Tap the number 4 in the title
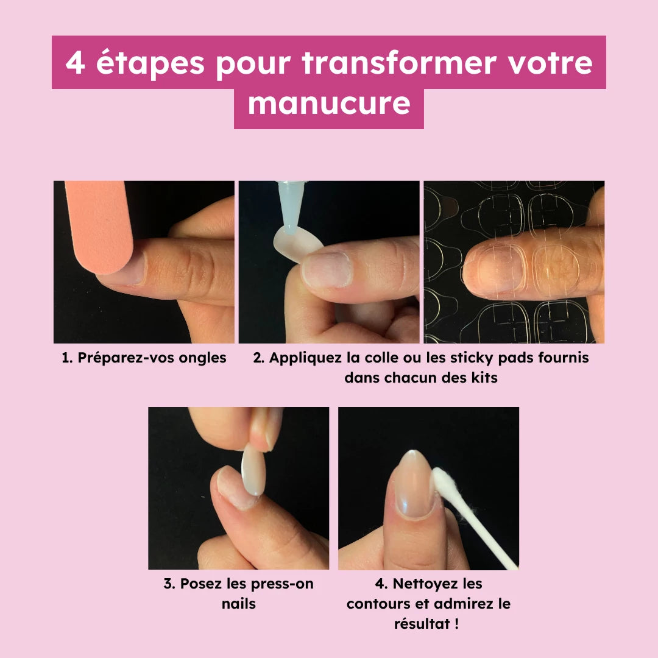[75, 63]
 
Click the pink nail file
[100, 225]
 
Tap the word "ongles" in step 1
[202, 358]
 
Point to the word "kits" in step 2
[484, 378]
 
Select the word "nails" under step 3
[238, 604]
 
